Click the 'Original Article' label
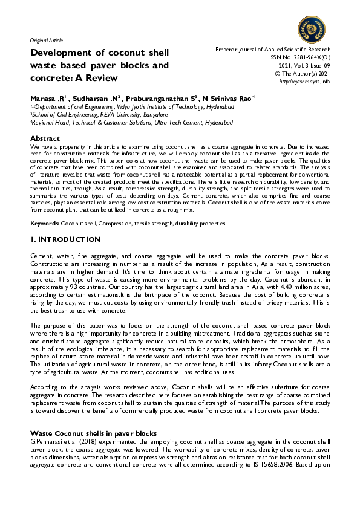[46, 40]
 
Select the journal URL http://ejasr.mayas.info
[304, 81]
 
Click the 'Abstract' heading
[45, 139]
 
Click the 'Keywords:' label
[46, 224]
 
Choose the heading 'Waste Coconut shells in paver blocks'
[93, 434]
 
